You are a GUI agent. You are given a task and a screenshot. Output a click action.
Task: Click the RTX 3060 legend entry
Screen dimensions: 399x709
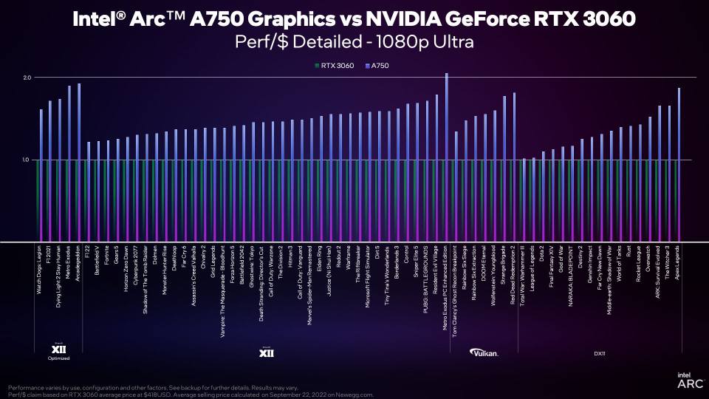click(337, 66)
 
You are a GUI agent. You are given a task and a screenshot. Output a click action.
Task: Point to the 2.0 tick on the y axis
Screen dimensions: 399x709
click(27, 78)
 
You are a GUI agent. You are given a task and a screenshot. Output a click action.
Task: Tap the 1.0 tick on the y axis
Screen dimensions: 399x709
click(27, 160)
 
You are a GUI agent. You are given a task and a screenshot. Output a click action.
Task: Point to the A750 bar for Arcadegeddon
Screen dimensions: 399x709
click(79, 163)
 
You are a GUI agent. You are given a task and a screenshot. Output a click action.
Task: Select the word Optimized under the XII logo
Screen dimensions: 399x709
click(59, 358)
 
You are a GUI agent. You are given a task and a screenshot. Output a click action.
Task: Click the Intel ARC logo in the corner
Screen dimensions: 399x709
click(685, 381)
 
